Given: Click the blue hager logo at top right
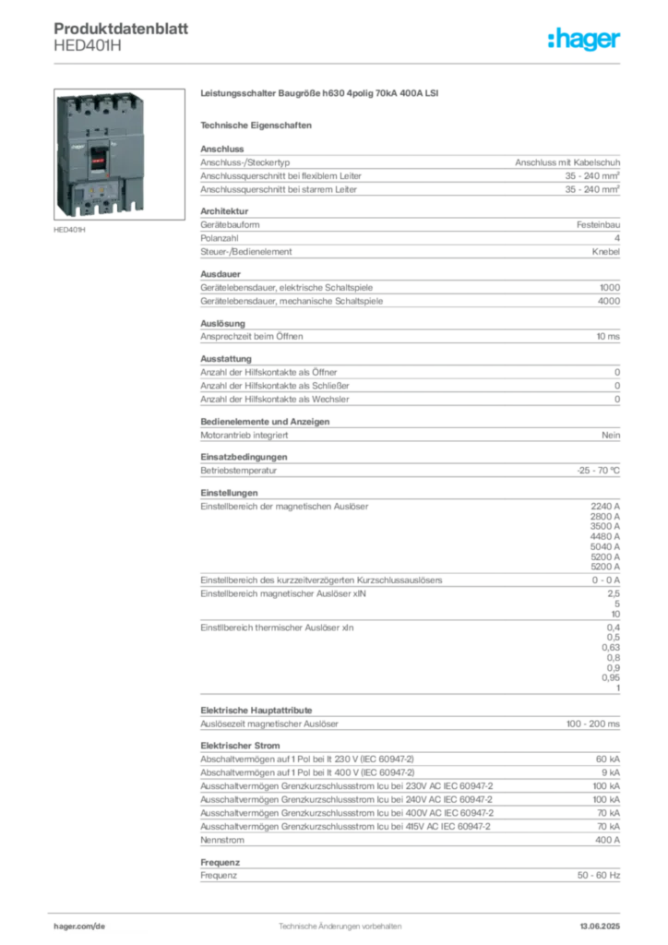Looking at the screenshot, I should pyautogui.click(x=586, y=40).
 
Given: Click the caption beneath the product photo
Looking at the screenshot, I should pyautogui.click(x=70, y=231).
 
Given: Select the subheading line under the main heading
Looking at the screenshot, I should pyautogui.click(x=259, y=124).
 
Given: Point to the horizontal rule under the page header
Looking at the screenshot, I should pyautogui.click(x=340, y=63).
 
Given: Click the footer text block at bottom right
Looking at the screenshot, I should pyautogui.click(x=605, y=921).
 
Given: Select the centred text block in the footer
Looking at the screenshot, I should pyautogui.click(x=340, y=921).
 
